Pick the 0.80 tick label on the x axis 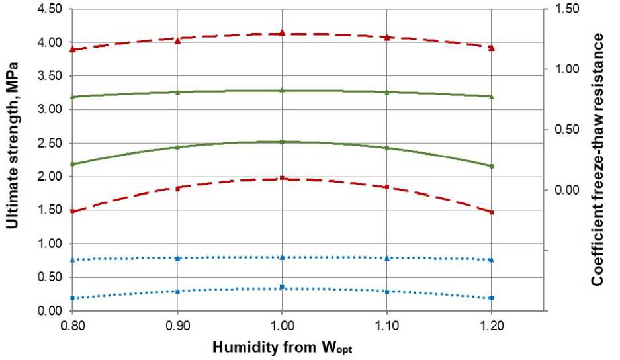click(72, 326)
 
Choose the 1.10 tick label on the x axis click(386, 326)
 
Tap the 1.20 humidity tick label click(491, 326)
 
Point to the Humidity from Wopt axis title click(285, 347)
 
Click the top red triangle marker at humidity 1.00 click(282, 32)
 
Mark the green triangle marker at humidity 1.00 click(282, 90)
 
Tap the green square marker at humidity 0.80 click(73, 164)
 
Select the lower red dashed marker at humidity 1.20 click(491, 212)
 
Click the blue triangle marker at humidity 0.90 click(177, 258)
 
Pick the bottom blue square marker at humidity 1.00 click(282, 287)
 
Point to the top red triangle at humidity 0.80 click(73, 50)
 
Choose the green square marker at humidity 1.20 click(491, 166)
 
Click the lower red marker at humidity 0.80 click(73, 212)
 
